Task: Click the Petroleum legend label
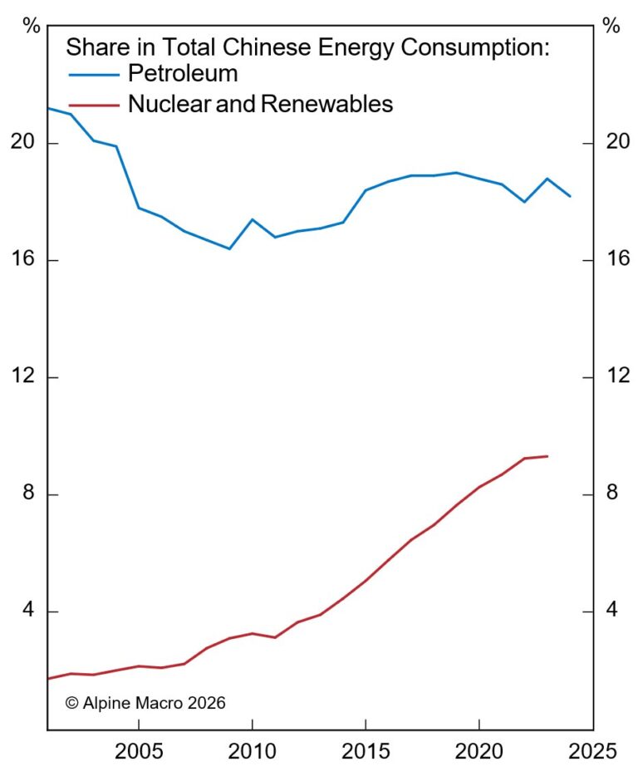pos(182,74)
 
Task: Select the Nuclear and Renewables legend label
pos(260,104)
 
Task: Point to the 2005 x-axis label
pos(138,751)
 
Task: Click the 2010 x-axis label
pos(251,751)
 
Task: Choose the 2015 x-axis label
pos(366,751)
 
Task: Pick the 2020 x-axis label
pos(479,751)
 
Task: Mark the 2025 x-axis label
pos(592,751)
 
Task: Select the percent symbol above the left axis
pos(32,25)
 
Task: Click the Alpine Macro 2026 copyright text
pos(145,703)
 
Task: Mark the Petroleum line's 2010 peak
pos(252,219)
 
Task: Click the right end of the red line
pos(547,456)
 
